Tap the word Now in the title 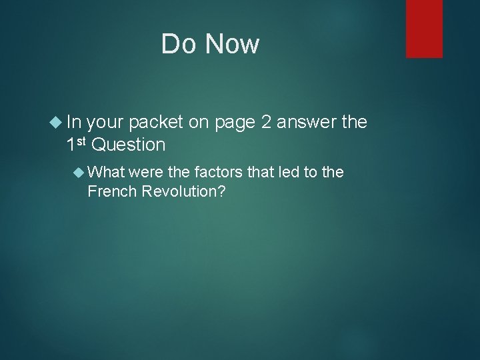point(232,45)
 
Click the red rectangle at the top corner point(424,29)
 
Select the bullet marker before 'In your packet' point(56,122)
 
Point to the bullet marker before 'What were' point(77,173)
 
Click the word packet point(157,122)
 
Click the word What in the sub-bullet point(107,173)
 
